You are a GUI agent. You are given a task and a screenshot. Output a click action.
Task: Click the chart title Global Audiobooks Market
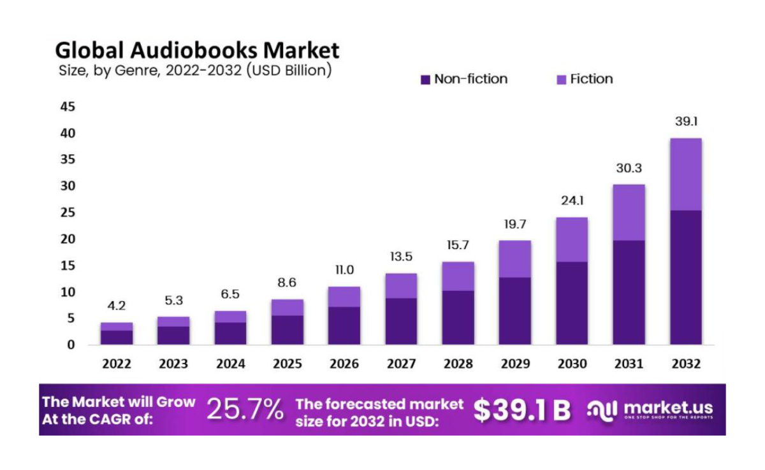coord(197,50)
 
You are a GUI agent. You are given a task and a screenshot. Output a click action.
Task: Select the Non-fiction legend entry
coord(470,79)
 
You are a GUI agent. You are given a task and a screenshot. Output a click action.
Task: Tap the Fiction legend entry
coord(591,79)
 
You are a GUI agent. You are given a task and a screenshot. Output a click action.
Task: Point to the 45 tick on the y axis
coord(68,107)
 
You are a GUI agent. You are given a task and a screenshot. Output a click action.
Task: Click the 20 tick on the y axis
coord(68,239)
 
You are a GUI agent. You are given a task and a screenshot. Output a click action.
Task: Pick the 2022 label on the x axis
coord(116,364)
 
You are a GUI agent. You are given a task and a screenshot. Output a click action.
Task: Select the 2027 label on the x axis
coord(401,364)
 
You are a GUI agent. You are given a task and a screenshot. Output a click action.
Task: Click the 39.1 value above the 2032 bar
coord(685,121)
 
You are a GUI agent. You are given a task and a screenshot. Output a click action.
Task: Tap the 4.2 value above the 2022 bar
coord(116,305)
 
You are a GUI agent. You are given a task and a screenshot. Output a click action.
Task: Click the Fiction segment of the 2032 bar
coord(685,174)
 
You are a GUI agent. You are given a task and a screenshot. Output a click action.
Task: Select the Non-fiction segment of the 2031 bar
coord(629,292)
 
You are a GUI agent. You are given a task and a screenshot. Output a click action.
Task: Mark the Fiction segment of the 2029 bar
coord(515,259)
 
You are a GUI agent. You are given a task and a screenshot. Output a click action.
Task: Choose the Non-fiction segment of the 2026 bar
coord(344,325)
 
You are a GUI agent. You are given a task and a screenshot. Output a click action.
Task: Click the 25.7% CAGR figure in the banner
coord(245,411)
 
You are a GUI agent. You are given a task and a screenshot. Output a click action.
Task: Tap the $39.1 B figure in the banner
coord(522,411)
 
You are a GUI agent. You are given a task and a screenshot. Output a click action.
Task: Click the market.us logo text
coord(668,408)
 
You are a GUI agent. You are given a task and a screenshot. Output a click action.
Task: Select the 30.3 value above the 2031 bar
coord(629,169)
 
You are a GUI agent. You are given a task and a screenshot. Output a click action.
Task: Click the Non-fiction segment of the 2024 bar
coord(230,333)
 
